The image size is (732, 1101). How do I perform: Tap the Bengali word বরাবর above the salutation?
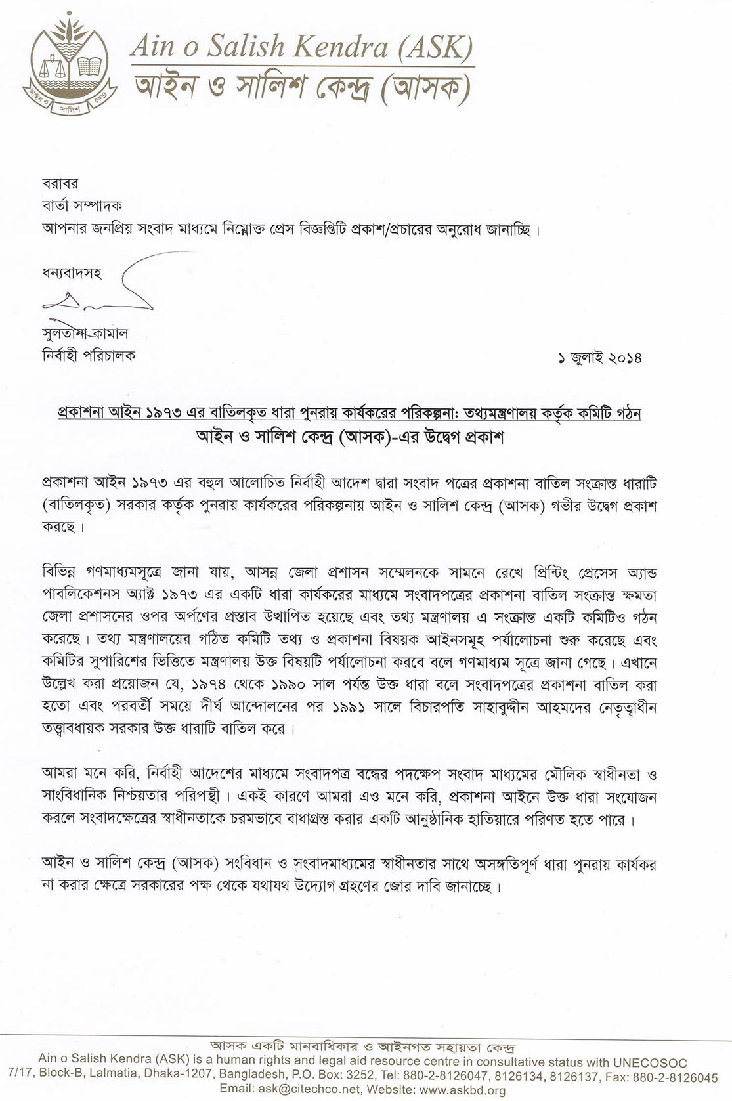click(60, 184)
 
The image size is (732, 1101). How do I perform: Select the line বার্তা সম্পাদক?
click(82, 206)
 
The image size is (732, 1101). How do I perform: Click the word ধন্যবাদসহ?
click(72, 273)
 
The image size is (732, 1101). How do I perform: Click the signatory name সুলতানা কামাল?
click(85, 334)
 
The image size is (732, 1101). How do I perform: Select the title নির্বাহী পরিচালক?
click(89, 356)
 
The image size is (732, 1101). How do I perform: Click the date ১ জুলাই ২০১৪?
click(599, 358)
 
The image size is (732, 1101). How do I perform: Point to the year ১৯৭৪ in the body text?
click(211, 685)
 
